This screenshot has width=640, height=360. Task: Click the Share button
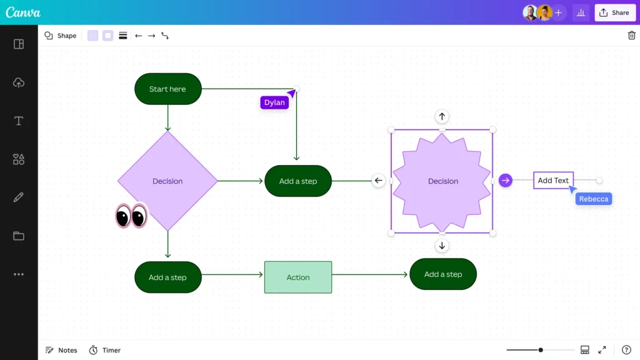(x=614, y=12)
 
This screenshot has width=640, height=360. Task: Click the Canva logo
(x=23, y=12)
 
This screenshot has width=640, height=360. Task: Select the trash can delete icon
(x=631, y=36)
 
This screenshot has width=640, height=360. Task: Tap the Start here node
(x=168, y=89)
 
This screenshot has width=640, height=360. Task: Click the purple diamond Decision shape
(x=167, y=181)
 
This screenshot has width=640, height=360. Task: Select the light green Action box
(x=298, y=277)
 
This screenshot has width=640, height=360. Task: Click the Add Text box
(x=553, y=181)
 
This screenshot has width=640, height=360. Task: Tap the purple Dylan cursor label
(x=274, y=102)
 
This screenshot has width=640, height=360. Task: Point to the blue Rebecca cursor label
(x=593, y=199)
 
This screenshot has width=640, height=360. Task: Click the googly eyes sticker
(x=131, y=216)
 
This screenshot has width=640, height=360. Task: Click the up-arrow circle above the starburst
(x=442, y=116)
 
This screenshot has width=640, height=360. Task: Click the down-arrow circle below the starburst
(x=442, y=246)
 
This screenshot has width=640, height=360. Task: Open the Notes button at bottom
(x=61, y=350)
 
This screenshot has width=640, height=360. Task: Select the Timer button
(x=105, y=350)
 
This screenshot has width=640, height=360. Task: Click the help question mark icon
(x=626, y=350)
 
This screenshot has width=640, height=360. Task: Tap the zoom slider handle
(x=541, y=350)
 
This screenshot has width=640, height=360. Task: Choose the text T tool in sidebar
(x=19, y=121)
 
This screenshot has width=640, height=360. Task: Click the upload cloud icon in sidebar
(x=19, y=82)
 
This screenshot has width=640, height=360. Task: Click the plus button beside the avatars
(x=558, y=12)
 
